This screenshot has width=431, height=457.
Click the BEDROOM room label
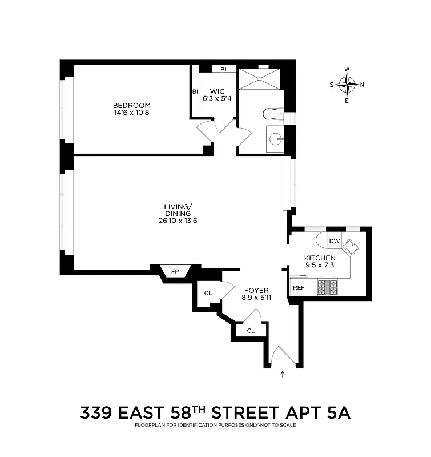click(131, 105)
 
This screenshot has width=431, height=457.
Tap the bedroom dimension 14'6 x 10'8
click(131, 113)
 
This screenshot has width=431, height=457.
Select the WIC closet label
click(217, 91)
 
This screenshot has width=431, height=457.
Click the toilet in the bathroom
click(272, 114)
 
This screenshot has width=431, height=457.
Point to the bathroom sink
click(276, 138)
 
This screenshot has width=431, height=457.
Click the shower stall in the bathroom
click(260, 79)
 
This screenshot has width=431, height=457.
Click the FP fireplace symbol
click(175, 272)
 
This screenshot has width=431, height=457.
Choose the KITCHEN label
click(319, 258)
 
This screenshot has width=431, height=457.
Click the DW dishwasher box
click(335, 241)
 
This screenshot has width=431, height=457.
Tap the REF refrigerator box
click(298, 287)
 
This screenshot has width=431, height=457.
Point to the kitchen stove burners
click(327, 286)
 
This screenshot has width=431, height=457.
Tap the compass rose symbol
click(347, 85)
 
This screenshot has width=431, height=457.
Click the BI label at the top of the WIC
click(223, 69)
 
